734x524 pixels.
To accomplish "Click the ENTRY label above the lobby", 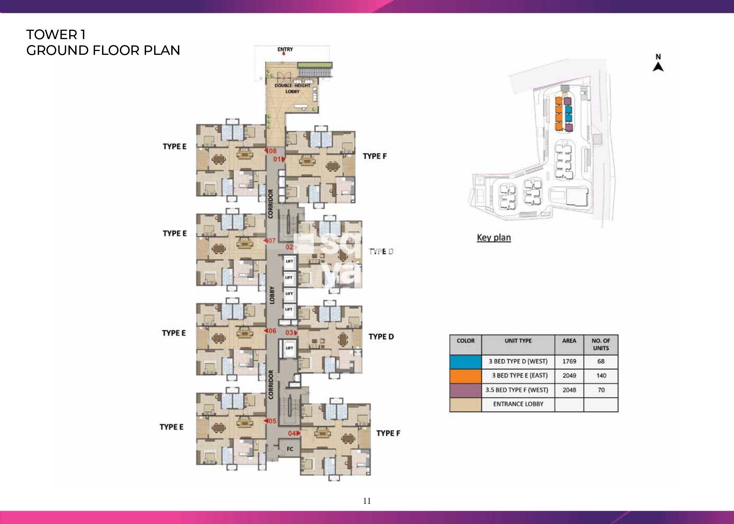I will point(285,49).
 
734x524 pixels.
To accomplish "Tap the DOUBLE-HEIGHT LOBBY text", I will point(292,88).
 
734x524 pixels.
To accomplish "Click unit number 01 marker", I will point(279,159).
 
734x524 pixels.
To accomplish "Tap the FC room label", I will point(290,449).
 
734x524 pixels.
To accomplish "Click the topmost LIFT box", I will point(289,262).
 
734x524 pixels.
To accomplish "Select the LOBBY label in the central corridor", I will point(272,295).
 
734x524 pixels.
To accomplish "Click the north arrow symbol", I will point(658,66).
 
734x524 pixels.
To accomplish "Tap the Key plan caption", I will point(494,238).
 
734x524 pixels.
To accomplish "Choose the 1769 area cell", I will point(569,361).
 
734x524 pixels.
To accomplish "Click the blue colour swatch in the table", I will point(465,362).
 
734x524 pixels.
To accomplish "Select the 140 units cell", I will point(601,376).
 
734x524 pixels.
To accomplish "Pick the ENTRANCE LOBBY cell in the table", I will point(518,404).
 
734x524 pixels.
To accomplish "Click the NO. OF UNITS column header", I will point(601,344).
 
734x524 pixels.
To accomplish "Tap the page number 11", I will point(367,501).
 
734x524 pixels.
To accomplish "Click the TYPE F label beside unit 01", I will point(374,156).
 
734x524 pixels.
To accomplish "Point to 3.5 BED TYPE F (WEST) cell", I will point(518,390).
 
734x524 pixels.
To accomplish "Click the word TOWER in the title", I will point(51,35).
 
